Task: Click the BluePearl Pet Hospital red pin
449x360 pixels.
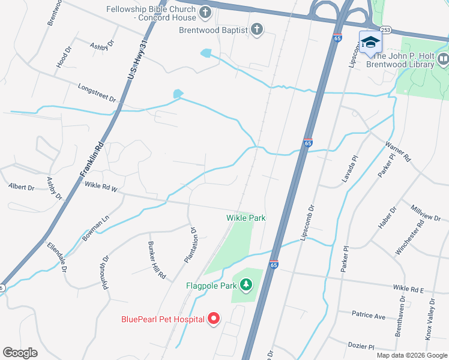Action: click(x=213, y=319)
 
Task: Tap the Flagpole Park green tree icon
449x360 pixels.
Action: click(x=246, y=284)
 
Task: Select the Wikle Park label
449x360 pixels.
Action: click(x=246, y=218)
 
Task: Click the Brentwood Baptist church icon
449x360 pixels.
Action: click(x=257, y=29)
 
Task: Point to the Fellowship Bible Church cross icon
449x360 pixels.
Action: click(x=205, y=12)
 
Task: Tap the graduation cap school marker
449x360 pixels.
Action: click(x=370, y=42)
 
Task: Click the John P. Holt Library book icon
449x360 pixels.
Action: click(x=443, y=59)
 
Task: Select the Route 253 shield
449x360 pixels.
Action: click(x=385, y=29)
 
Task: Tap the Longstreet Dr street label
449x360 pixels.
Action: click(x=97, y=92)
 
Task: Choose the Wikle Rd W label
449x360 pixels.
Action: click(x=101, y=187)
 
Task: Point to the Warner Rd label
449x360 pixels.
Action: click(x=397, y=151)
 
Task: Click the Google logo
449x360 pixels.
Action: click(x=20, y=353)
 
